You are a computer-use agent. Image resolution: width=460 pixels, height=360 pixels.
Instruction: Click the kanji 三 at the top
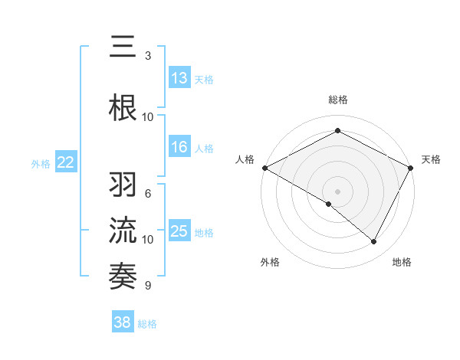tap(123, 48)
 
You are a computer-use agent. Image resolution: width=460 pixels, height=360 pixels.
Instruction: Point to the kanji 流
tap(123, 231)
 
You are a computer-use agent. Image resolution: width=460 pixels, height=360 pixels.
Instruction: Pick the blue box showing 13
tap(179, 78)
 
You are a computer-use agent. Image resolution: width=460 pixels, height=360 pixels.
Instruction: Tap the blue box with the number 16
tap(179, 147)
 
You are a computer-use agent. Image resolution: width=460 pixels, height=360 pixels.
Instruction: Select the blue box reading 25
tap(179, 231)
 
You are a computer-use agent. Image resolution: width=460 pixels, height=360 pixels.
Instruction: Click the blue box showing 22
tap(66, 162)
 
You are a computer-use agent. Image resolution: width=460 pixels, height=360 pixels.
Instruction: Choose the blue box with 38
tap(123, 323)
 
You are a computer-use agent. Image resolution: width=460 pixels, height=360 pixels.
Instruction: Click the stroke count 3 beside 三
tap(148, 56)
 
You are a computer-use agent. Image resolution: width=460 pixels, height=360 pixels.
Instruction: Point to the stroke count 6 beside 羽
tap(148, 194)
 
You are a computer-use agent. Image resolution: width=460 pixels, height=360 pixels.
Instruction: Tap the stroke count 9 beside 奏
tap(148, 286)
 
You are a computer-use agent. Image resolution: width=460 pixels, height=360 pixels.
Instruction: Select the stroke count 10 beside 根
tap(148, 116)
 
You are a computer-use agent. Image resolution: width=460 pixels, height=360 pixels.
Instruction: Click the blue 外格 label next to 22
tap(41, 163)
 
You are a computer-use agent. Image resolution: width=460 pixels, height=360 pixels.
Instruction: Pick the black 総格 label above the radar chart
tap(338, 100)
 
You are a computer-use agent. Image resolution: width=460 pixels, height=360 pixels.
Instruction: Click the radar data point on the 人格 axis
tap(264, 167)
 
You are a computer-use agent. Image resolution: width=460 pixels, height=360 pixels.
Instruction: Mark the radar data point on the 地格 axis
tap(374, 242)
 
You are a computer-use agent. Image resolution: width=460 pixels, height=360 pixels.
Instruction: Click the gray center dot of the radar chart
tap(338, 191)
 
